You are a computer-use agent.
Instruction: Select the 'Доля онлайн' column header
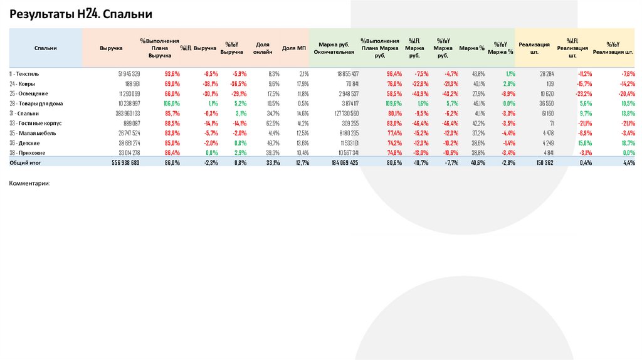coord(263,48)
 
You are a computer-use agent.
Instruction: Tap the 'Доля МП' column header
coord(293,48)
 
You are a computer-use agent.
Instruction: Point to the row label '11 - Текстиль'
coord(24,73)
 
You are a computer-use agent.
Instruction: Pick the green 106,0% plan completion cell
coord(171,103)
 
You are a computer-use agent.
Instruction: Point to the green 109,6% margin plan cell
coord(394,103)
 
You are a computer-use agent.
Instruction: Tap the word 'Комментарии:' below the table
coord(29,184)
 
